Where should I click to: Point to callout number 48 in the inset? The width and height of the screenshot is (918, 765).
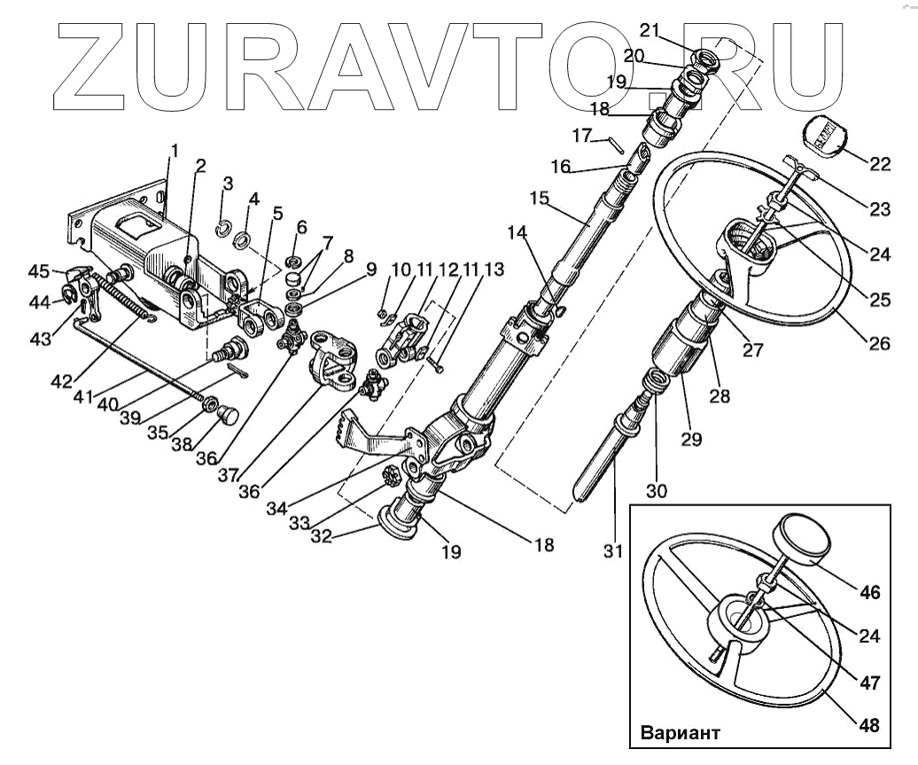[869, 725]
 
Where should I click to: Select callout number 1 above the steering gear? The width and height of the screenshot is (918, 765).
[174, 151]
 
